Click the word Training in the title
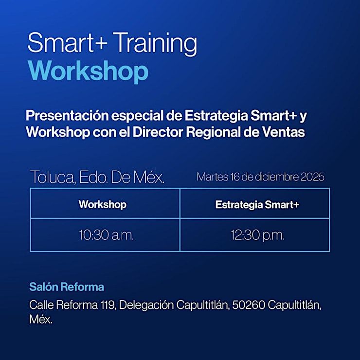[x=155, y=44]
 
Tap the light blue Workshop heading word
[x=89, y=71]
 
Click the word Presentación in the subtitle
[x=67, y=116]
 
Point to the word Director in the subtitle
[x=158, y=132]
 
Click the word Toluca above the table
[x=53, y=177]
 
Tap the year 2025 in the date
[x=312, y=177]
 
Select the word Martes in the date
[x=213, y=177]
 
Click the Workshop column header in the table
[x=102, y=204]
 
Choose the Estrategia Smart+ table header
[x=257, y=204]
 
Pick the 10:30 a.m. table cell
[x=106, y=235]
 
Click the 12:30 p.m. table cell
[x=257, y=235]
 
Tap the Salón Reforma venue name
[x=67, y=287]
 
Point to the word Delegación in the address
[x=146, y=306]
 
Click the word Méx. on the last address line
[x=41, y=319]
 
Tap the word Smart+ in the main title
[x=68, y=44]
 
